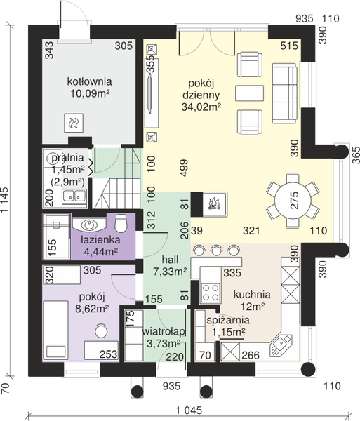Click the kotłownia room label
coord(89,81)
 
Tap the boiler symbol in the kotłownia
coord(74,123)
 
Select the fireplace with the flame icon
coord(209,204)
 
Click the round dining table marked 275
coord(292,200)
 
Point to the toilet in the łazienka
coord(121,223)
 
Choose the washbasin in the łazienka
coord(89,225)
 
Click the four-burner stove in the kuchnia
coord(211,293)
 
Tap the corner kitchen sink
coord(281,345)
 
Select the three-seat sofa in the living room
coord(285,93)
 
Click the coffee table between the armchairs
coord(249,93)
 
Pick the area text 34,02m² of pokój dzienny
coord(201,107)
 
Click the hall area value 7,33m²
coord(171,272)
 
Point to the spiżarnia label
coord(228,320)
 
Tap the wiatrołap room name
coord(164,332)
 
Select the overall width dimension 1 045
coord(189,410)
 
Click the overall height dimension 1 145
coord(5,200)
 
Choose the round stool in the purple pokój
coord(101,331)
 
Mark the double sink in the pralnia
coord(74,196)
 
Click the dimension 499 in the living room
coord(184,168)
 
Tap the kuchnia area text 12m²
coord(253,307)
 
